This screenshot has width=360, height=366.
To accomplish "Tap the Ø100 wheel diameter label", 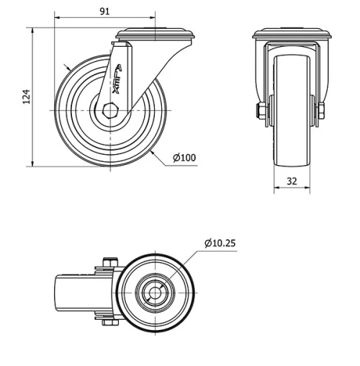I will (184, 157).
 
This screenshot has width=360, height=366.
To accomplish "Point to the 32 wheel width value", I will (292, 182).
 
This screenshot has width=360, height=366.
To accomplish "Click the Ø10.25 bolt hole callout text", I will (220, 244).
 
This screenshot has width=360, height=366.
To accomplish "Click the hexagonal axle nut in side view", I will (109, 110).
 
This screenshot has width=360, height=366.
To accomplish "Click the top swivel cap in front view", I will (292, 34).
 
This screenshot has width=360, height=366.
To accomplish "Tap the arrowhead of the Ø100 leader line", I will (154, 152).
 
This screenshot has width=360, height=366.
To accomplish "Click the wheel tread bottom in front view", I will (292, 163).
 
